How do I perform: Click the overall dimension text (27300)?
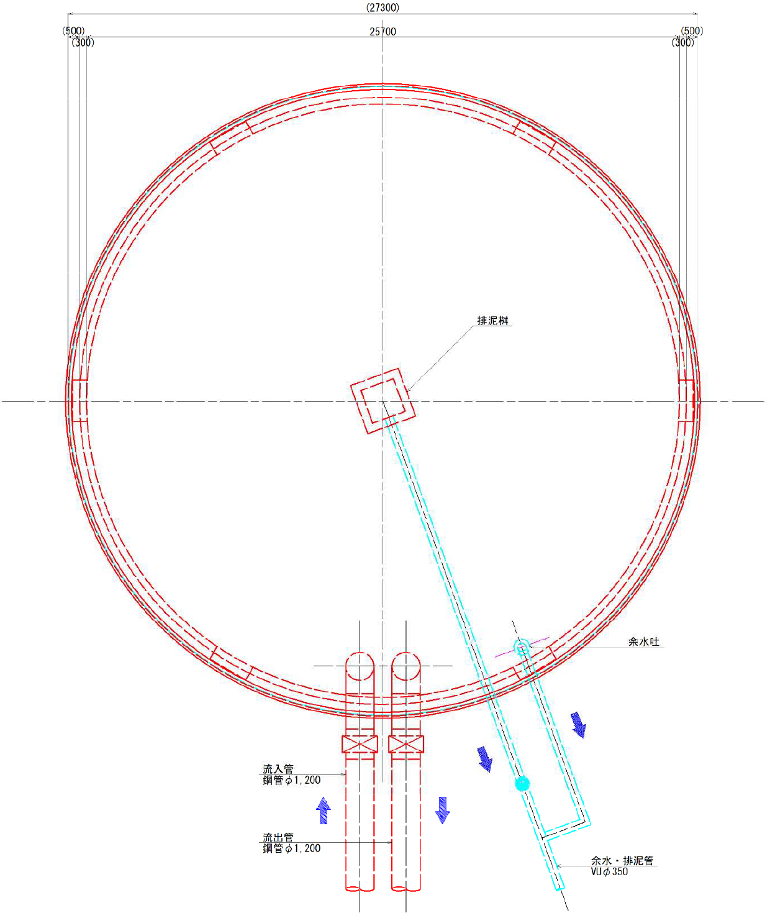383,7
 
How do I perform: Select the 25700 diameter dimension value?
383,32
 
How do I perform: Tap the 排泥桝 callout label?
493,321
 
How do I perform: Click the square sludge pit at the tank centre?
383,401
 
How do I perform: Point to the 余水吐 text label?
643,641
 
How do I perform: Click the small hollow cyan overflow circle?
522,647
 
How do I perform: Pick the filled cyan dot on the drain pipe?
522,784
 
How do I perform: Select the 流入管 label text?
278,768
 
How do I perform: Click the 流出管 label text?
278,837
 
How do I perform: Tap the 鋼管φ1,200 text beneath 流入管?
292,780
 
